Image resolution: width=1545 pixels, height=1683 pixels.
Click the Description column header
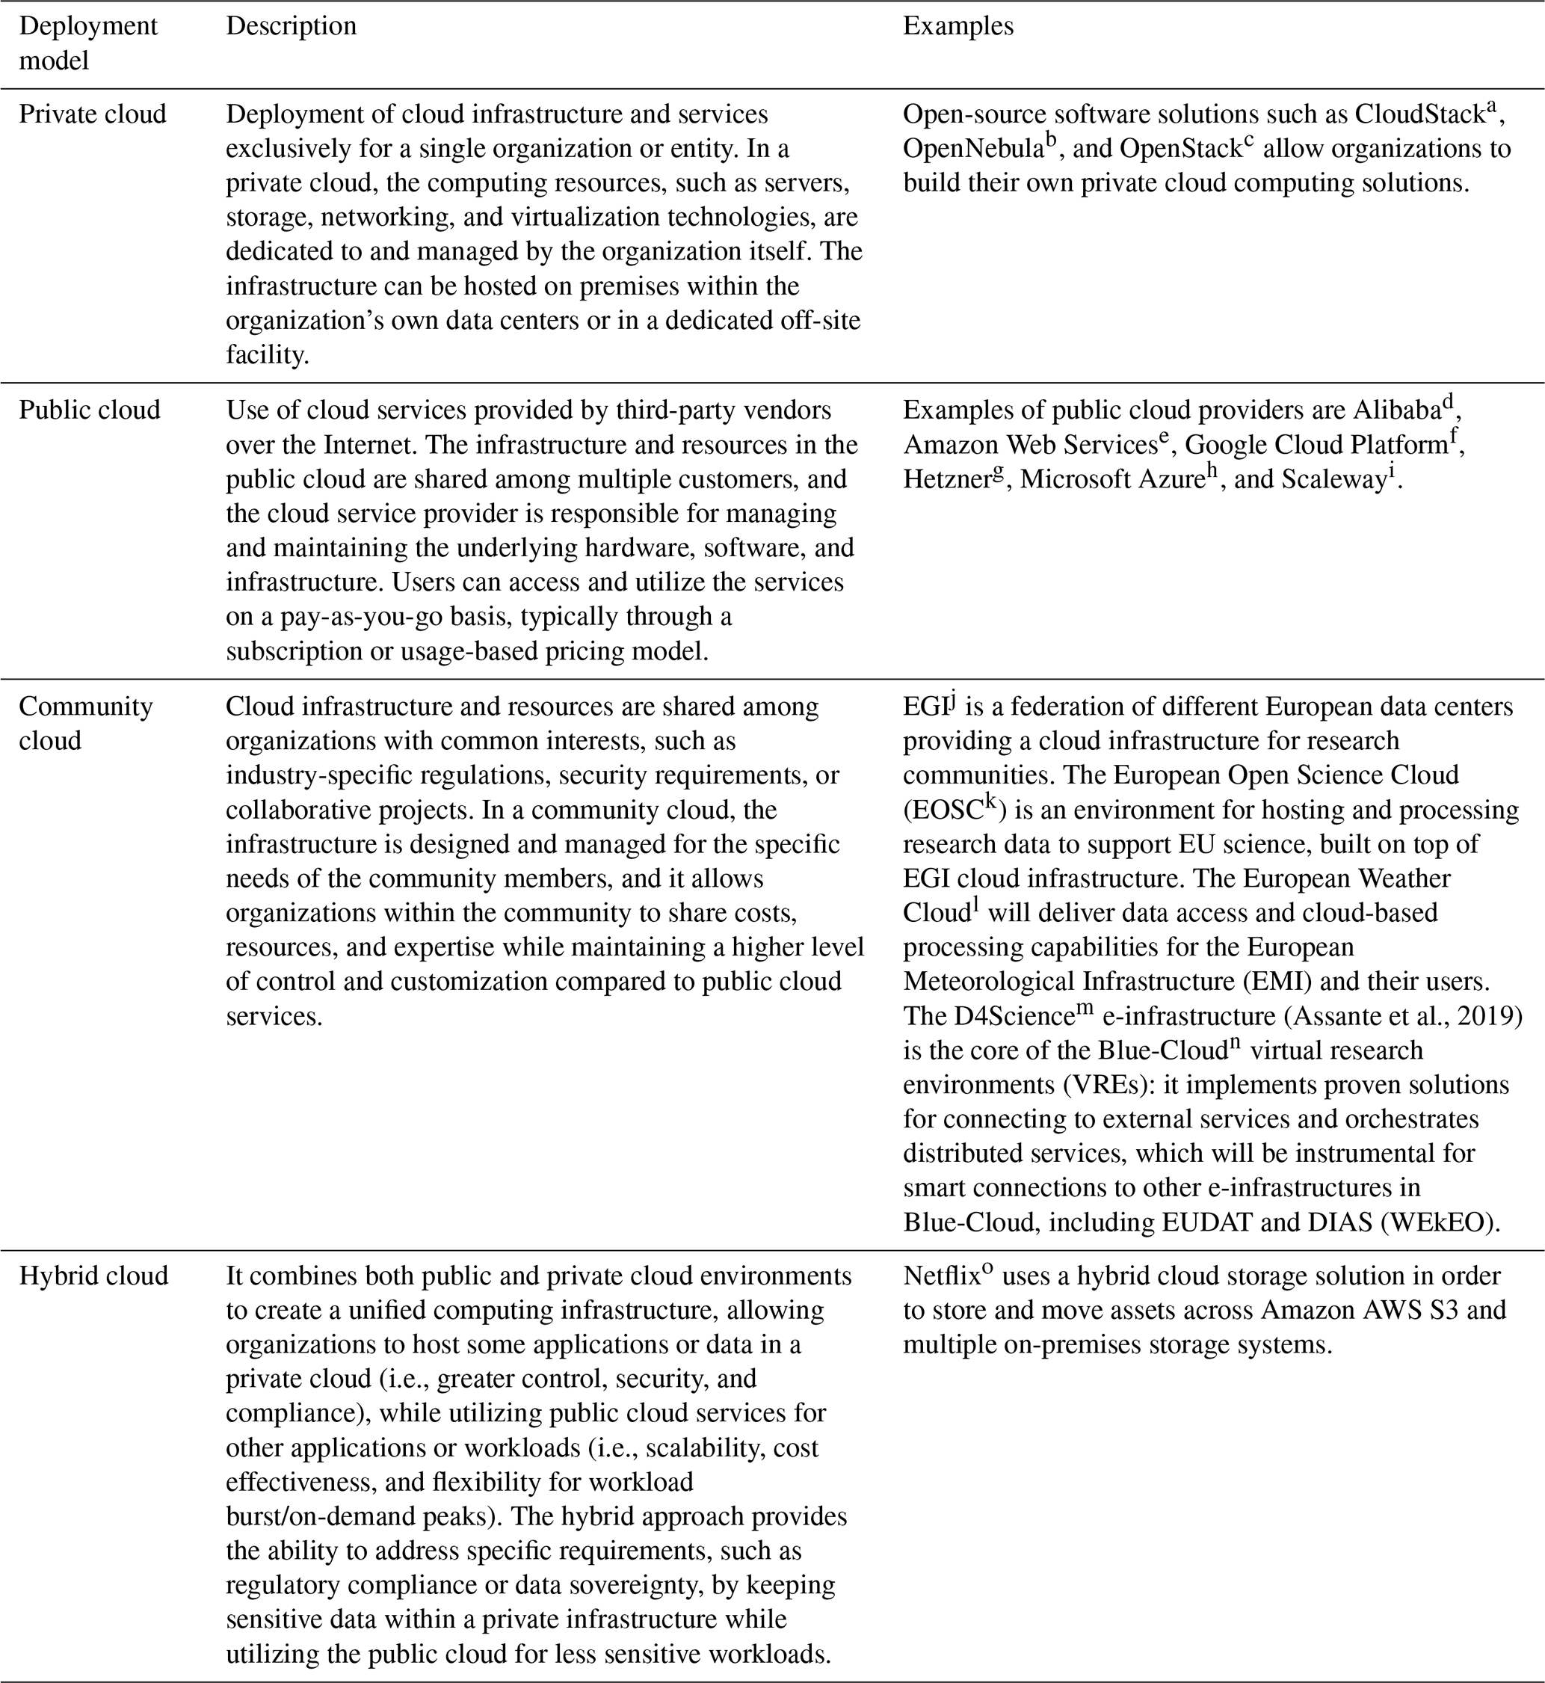[x=291, y=26]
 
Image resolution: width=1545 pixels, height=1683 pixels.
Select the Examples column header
[x=958, y=26]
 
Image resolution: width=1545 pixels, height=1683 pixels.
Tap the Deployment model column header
[x=87, y=43]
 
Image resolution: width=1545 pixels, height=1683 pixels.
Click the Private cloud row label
[x=93, y=114]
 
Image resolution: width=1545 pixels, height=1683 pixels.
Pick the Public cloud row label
[x=90, y=410]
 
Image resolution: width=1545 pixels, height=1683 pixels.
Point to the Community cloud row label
[x=85, y=723]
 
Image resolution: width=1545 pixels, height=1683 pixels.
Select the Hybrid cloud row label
[x=93, y=1275]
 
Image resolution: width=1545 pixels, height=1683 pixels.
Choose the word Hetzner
[x=946, y=479]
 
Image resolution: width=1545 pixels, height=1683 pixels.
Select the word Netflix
[x=940, y=1276]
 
